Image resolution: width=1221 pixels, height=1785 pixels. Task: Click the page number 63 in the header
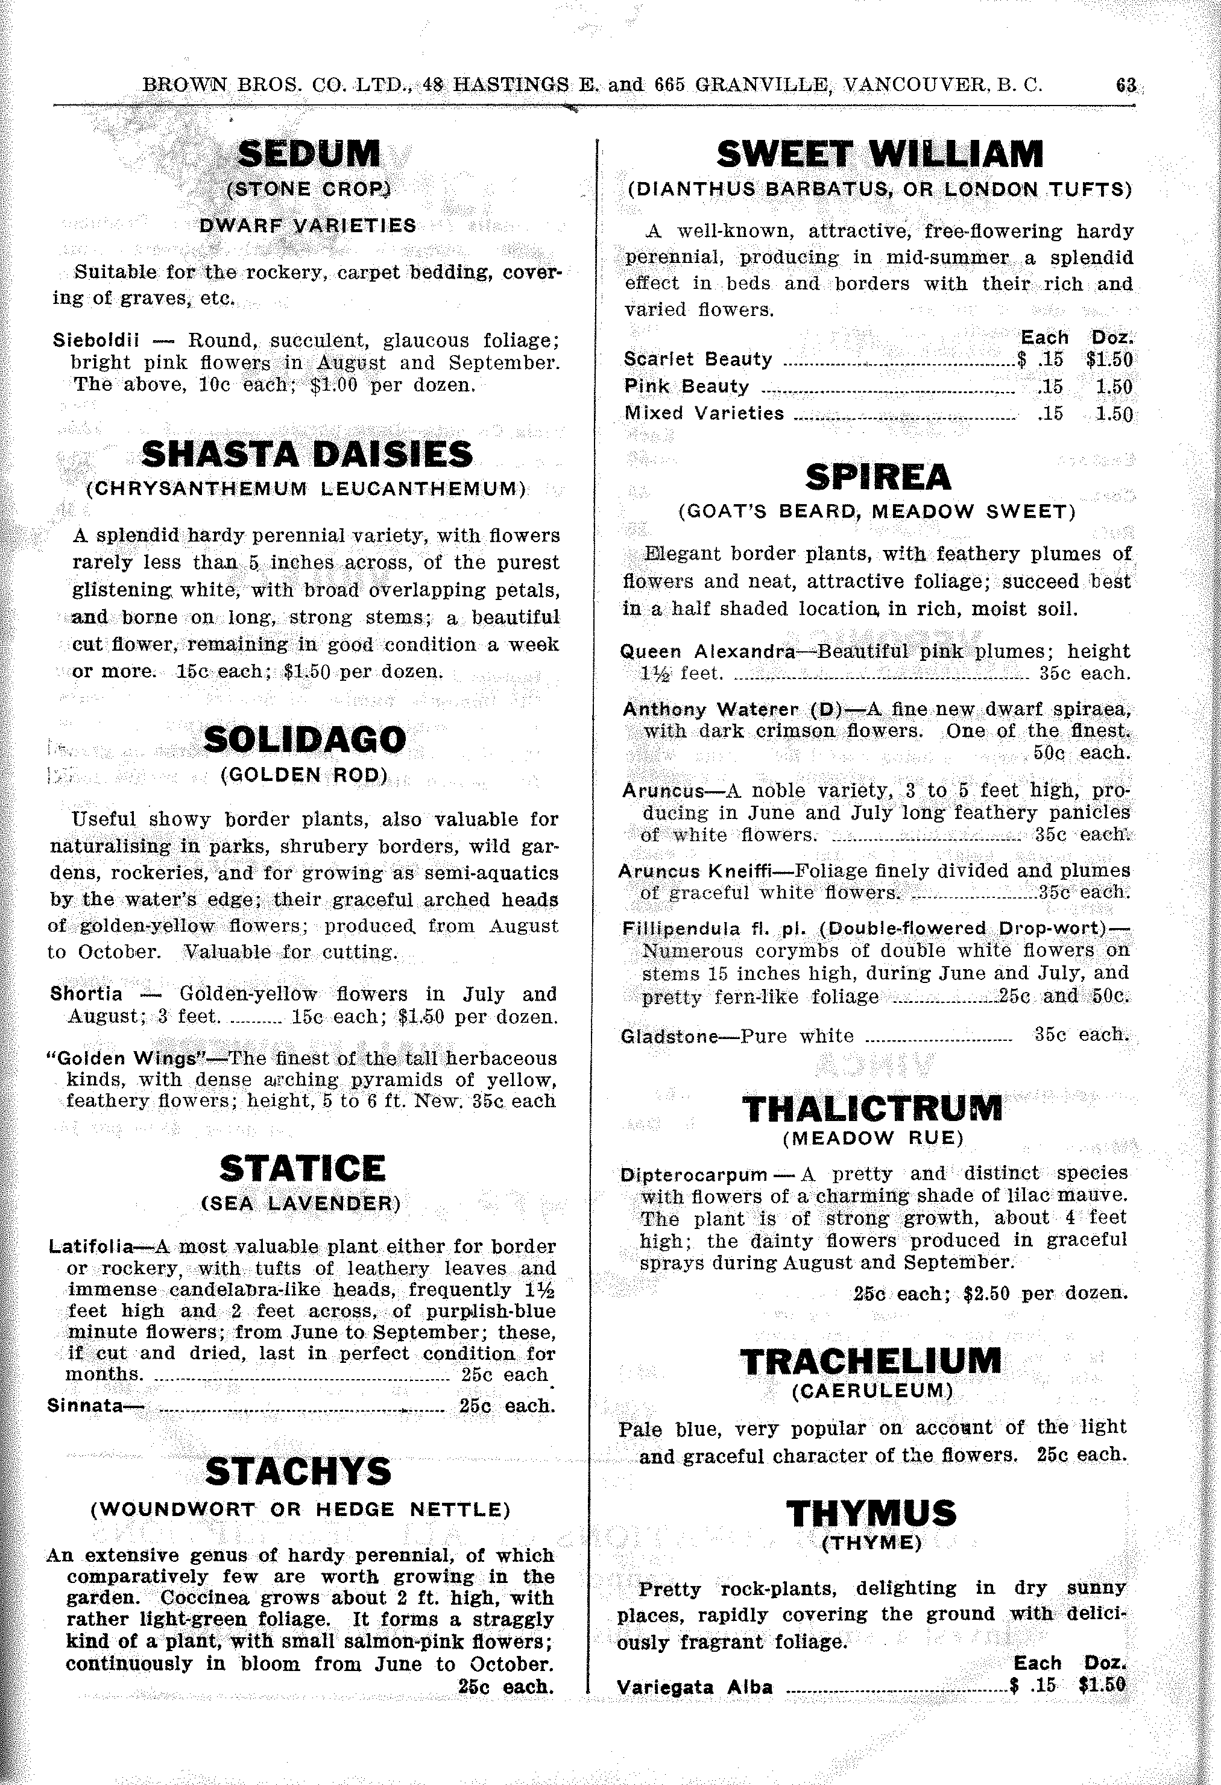1126,84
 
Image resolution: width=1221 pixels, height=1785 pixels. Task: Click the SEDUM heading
309,154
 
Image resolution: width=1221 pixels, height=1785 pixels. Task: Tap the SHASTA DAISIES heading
307,454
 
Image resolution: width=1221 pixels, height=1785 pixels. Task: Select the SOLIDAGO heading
305,740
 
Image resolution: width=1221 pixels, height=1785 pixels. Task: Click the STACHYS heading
298,1471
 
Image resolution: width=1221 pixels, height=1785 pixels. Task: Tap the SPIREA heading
878,478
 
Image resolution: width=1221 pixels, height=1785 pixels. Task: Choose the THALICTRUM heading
872,1108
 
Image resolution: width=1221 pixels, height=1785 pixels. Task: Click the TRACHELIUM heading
871,1362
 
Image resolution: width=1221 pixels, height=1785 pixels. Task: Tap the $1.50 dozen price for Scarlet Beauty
1109,359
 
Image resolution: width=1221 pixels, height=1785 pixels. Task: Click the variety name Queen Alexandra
707,652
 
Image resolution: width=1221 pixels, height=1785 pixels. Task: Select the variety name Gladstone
668,1036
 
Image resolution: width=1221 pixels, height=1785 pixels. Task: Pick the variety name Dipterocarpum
693,1174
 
